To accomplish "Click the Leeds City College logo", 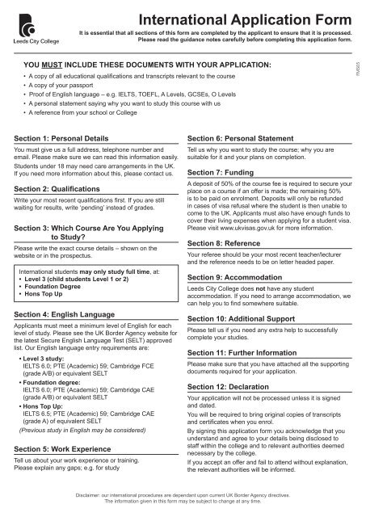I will pyautogui.click(x=27, y=23).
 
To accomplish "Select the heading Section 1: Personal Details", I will pyautogui.click(x=71, y=139).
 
